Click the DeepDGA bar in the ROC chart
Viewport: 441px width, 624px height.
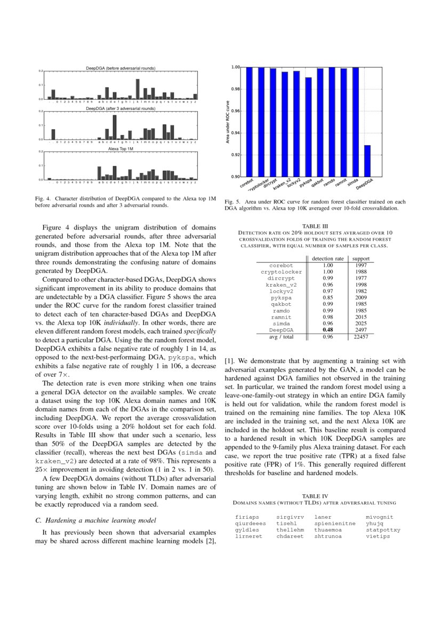pyautogui.click(x=367, y=161)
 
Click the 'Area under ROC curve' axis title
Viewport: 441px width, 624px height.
pyautogui.click(x=227, y=122)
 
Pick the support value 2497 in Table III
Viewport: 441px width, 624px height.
pyautogui.click(x=360, y=330)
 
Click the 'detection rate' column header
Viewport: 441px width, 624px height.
pyautogui.click(x=327, y=258)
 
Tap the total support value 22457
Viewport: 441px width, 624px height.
pyautogui.click(x=360, y=337)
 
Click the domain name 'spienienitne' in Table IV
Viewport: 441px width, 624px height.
pyautogui.click(x=335, y=524)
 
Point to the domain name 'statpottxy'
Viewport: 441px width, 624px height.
pyautogui.click(x=383, y=530)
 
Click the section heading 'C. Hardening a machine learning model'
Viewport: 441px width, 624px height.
pyautogui.click(x=92, y=520)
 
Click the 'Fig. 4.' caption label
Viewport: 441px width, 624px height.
pyautogui.click(x=44, y=198)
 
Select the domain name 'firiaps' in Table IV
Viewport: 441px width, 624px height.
pyautogui.click(x=247, y=517)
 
